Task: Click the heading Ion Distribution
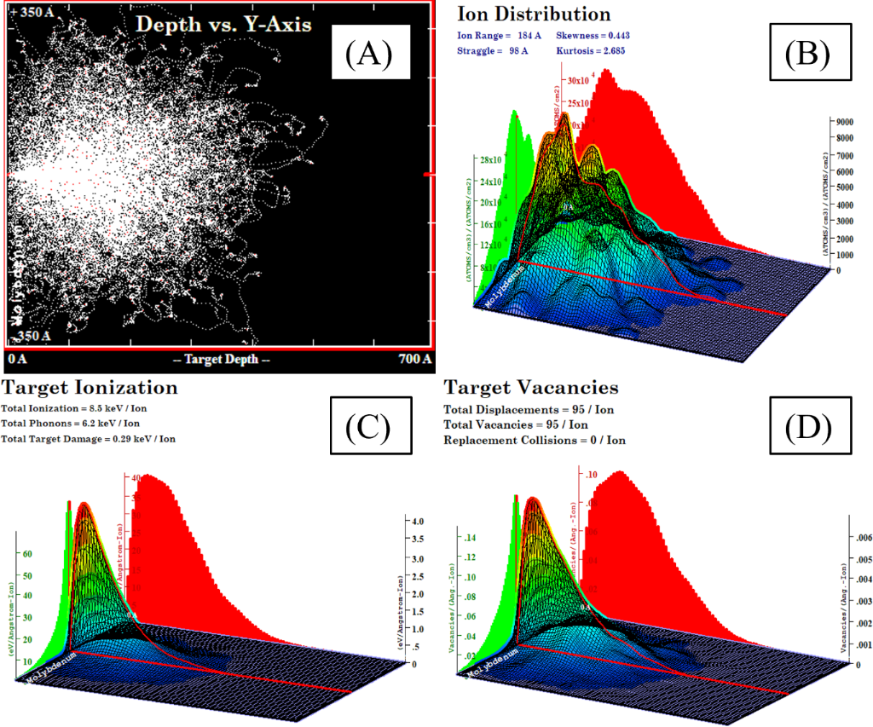click(x=534, y=14)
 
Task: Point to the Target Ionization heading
click(x=90, y=388)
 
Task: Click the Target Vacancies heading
click(x=530, y=388)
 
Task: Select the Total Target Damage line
click(x=91, y=439)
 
